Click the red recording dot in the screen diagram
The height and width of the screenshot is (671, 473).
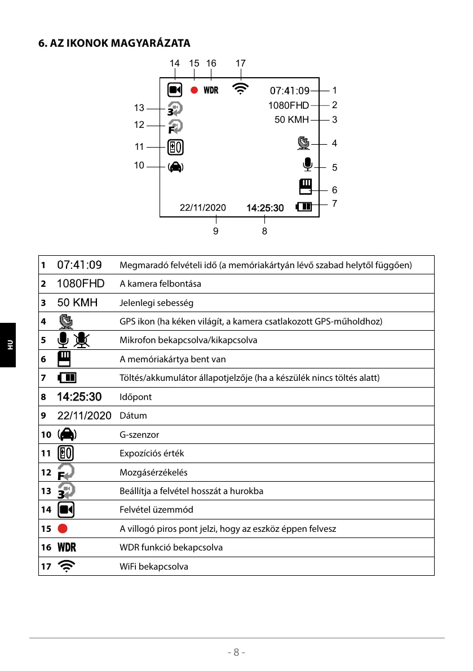point(194,90)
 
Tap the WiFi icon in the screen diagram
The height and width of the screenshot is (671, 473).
point(241,88)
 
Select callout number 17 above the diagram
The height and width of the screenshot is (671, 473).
point(241,64)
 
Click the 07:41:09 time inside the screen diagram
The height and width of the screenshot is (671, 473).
point(290,90)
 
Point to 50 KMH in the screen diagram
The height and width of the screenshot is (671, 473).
point(291,119)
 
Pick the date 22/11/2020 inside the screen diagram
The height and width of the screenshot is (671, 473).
point(202,207)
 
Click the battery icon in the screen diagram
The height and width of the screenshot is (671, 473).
point(304,207)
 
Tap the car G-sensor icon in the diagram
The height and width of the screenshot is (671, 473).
point(175,166)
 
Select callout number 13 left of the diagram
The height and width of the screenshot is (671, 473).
point(139,108)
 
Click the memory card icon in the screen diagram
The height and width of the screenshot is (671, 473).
point(306,186)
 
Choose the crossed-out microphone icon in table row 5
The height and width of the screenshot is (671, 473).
point(82,340)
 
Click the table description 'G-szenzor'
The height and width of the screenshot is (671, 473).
point(139,435)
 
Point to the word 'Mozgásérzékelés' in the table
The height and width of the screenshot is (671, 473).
point(153,472)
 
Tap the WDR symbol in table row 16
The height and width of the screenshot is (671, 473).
point(67,548)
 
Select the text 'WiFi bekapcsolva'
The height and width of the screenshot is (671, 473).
point(154,566)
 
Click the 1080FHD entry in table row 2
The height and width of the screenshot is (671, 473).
point(81,283)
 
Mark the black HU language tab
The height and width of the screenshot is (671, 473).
point(8,344)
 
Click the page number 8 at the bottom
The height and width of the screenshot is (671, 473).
point(236,652)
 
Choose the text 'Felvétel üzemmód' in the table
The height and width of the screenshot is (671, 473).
point(156,510)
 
